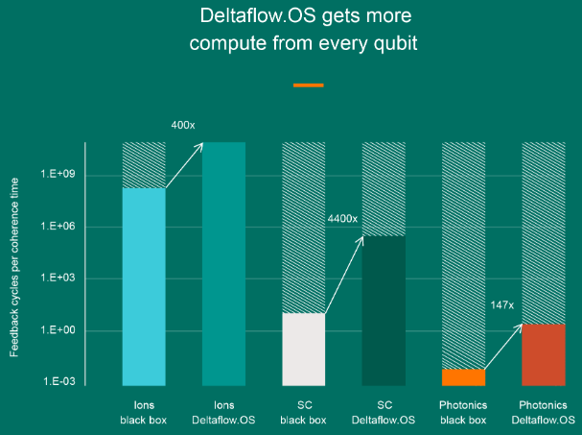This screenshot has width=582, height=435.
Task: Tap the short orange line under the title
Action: pos(308,85)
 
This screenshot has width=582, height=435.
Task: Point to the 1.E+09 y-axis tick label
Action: pos(58,176)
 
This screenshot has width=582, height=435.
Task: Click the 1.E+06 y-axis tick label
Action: pos(58,228)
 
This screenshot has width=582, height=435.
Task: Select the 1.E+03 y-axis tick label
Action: pos(58,279)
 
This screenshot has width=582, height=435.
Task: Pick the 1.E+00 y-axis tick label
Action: pos(58,331)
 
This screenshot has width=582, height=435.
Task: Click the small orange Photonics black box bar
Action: pos(463,376)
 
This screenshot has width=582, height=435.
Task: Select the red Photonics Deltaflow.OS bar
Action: pos(544,354)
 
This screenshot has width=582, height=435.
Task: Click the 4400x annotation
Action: pos(341,219)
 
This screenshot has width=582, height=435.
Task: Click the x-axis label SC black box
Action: pos(303,412)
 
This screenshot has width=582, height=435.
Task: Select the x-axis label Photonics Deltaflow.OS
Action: pos(544,412)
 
